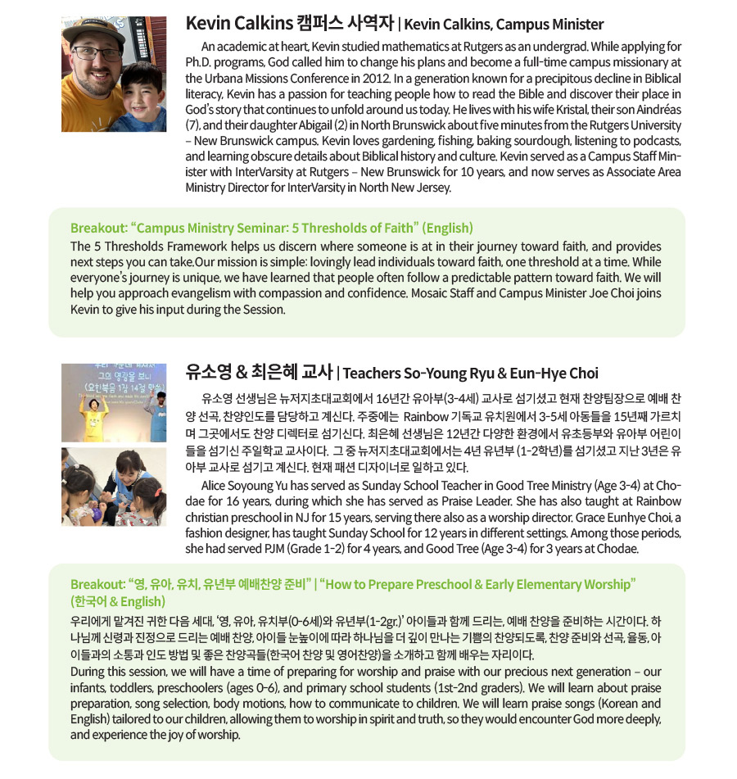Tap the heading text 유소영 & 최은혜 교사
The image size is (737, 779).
[258, 374]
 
